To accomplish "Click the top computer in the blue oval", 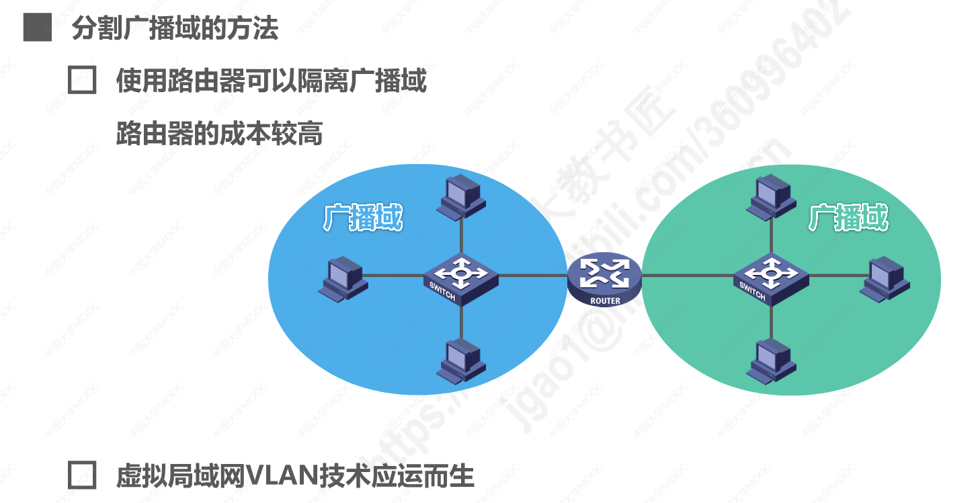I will point(460,196).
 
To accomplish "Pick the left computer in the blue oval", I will point(343,277).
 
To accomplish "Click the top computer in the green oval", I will point(771,196).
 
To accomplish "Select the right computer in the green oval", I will point(887,278).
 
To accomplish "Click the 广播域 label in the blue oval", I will point(363,218).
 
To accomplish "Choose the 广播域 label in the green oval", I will point(848,218).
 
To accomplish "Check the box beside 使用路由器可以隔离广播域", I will point(82,81).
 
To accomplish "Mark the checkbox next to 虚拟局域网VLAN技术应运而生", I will point(82,475).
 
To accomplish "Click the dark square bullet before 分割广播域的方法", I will point(37,28).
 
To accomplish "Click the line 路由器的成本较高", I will point(219,134).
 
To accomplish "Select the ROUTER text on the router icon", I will point(605,301).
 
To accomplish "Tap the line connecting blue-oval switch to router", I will point(532,275).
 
